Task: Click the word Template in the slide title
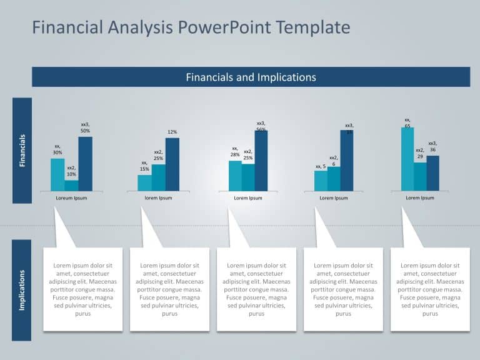(312, 27)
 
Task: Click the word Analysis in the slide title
(136, 27)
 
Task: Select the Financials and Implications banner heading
(251, 77)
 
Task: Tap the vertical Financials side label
(22, 151)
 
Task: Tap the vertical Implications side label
(22, 290)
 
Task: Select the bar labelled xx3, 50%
(85, 164)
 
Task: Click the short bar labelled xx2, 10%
(71, 186)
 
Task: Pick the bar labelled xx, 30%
(57, 174)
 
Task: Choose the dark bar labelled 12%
(172, 164)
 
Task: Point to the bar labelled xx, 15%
(144, 182)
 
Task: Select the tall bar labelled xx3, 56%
(261, 161)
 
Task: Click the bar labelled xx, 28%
(235, 176)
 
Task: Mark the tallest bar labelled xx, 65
(407, 159)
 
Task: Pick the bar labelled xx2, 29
(420, 176)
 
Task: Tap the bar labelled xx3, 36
(432, 173)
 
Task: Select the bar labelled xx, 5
(321, 181)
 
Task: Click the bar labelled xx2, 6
(334, 178)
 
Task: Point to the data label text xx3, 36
(432, 146)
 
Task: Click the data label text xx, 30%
(57, 149)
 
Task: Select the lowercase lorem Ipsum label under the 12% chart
(158, 198)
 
